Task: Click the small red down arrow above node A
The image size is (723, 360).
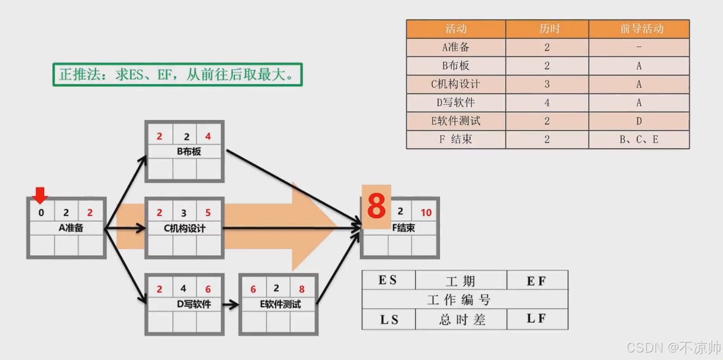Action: click(40, 195)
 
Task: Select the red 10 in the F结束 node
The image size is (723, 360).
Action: click(426, 213)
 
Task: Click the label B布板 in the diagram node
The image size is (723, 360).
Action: click(189, 152)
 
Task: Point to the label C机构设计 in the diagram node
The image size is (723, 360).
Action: click(185, 228)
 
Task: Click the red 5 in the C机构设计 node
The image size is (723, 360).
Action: click(208, 213)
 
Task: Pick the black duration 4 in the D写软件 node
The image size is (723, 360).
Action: click(184, 288)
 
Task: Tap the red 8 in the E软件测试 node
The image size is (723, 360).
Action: click(302, 289)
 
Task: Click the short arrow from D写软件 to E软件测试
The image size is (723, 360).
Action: click(231, 305)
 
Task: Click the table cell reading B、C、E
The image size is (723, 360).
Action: click(639, 140)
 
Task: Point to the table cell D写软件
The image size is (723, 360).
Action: click(456, 103)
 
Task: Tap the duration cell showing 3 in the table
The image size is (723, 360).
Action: click(547, 84)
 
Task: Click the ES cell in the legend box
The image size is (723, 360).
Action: click(389, 280)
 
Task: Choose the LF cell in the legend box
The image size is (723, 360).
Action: click(536, 319)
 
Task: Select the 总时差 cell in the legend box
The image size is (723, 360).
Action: click(461, 320)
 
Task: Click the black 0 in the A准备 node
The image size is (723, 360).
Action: click(41, 213)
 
